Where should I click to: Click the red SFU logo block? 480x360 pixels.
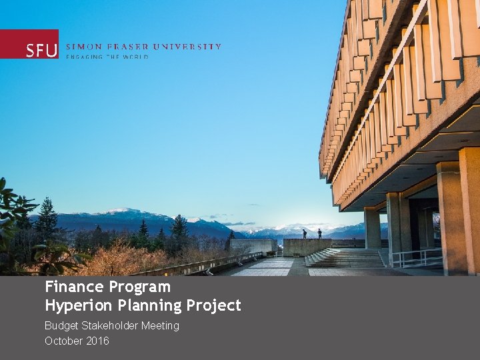pos(29,44)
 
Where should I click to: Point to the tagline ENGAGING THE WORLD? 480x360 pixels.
pos(107,57)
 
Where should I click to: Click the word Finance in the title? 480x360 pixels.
pos(73,287)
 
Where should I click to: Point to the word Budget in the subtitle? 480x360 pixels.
pos(61,326)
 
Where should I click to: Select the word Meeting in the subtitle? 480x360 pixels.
pos(160,326)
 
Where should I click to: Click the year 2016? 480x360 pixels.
pos(97,341)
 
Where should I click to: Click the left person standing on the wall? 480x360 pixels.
pos(305,233)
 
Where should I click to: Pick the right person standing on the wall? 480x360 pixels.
pos(319,233)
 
